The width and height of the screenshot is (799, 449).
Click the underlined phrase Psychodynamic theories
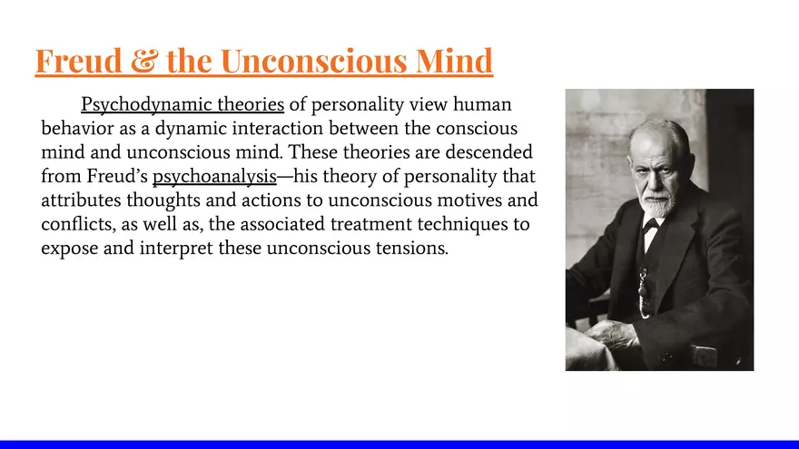pyautogui.click(x=182, y=104)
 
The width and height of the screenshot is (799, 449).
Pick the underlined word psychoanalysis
pyautogui.click(x=213, y=175)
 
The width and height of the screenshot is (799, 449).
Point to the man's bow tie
pyautogui.click(x=650, y=223)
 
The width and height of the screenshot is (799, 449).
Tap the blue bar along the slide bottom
pyautogui.click(x=399, y=444)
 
